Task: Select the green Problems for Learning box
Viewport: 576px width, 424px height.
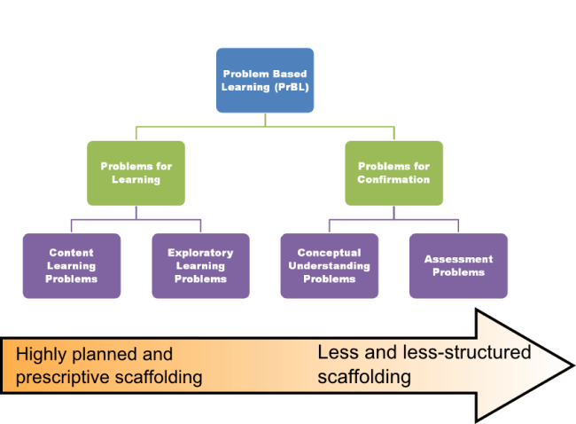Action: coord(136,172)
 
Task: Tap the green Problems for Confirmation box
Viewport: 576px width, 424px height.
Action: coord(393,172)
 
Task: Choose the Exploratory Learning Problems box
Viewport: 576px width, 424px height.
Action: coord(201,265)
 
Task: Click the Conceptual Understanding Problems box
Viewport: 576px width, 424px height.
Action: coord(329,265)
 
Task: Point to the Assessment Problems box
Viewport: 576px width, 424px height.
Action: coord(458,265)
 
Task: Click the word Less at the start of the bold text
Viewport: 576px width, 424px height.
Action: coord(338,353)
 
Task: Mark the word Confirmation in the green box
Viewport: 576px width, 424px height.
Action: coord(393,179)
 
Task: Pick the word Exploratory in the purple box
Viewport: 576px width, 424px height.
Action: coord(201,252)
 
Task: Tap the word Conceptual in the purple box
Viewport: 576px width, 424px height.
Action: coord(329,252)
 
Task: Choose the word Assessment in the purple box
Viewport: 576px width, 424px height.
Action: coord(458,259)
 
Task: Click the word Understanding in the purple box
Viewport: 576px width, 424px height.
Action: coord(329,265)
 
